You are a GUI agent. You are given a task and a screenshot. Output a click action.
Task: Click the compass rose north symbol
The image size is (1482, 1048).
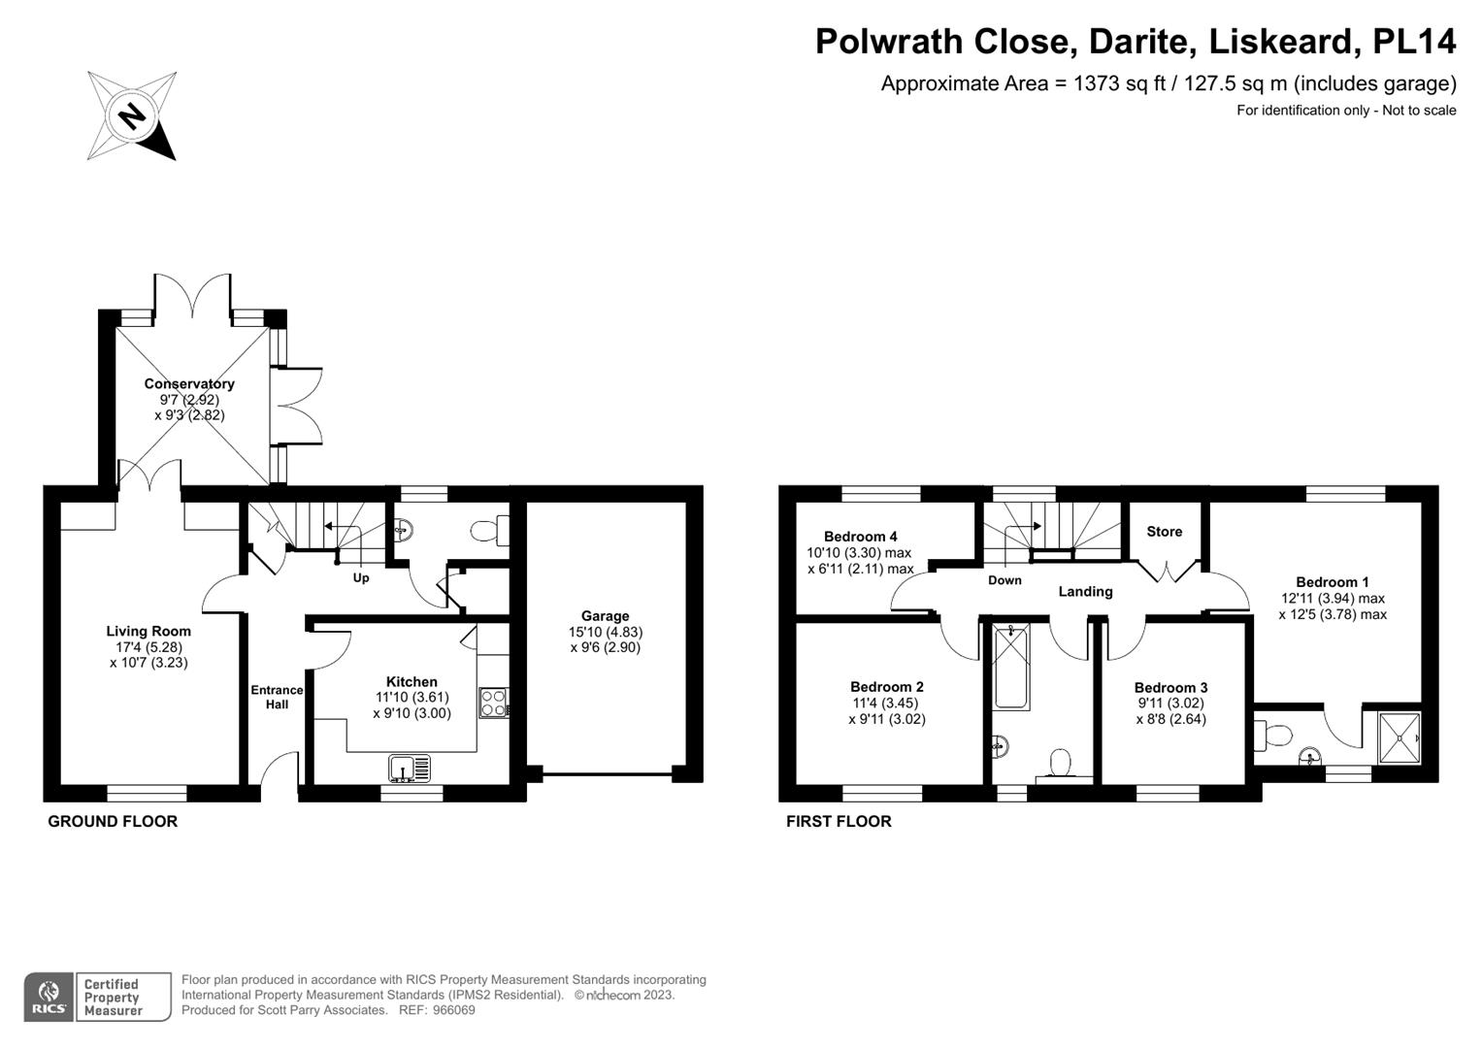tap(132, 116)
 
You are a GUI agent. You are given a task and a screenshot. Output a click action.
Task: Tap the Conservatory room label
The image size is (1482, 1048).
tap(189, 383)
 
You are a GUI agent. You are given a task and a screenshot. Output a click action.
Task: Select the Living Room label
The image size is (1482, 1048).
tap(148, 631)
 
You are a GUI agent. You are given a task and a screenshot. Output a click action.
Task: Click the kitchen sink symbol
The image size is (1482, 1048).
tap(410, 769)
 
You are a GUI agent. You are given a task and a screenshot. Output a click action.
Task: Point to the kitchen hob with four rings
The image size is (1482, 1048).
tap(493, 703)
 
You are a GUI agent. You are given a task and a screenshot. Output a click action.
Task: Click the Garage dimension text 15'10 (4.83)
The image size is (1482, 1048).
tap(606, 632)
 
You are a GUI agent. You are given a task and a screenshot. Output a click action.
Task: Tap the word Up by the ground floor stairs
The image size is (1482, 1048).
tap(361, 577)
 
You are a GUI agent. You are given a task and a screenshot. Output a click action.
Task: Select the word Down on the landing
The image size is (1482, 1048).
tap(1004, 580)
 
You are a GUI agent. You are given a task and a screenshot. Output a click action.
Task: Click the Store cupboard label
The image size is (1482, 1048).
tap(1164, 532)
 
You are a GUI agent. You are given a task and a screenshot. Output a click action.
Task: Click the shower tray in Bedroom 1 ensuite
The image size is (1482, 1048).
tap(1399, 737)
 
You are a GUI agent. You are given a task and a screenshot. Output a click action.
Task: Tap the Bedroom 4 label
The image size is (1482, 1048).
tap(860, 537)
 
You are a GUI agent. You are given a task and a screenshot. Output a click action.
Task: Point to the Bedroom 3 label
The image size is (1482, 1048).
tap(1170, 687)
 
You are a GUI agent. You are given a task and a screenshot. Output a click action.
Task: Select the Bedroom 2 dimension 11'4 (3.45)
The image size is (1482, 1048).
tap(886, 704)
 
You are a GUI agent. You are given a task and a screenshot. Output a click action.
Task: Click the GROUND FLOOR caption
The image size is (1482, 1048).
tap(113, 822)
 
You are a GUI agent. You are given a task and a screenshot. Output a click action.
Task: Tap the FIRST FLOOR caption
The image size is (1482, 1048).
tap(839, 822)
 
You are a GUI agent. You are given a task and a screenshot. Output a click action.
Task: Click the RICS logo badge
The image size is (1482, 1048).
tap(49, 998)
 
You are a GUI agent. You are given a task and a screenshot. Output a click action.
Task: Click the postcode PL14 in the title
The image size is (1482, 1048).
tap(1414, 41)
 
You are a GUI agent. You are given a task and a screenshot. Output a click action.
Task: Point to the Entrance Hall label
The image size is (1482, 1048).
tap(277, 698)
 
